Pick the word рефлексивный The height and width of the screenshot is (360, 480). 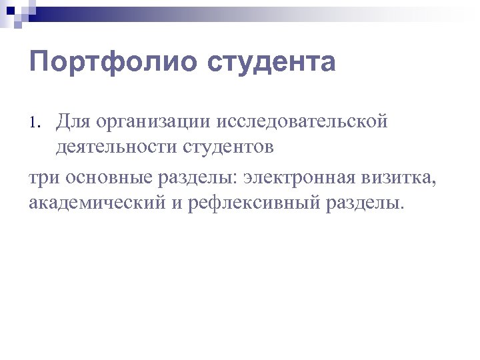[255, 201]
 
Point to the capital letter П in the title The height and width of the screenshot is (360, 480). [39, 63]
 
